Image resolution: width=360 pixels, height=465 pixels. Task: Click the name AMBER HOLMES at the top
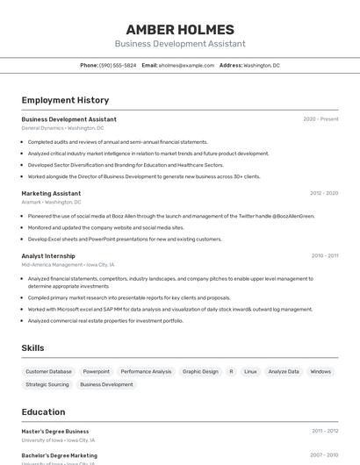coord(179,29)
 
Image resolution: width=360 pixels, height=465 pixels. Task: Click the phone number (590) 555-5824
coord(118,65)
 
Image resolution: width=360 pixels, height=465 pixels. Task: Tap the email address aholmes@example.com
coord(186,65)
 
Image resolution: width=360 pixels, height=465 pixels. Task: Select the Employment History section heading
coord(65,100)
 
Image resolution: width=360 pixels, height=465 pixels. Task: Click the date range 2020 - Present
coord(320,119)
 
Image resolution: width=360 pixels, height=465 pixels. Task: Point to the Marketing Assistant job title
coord(51,193)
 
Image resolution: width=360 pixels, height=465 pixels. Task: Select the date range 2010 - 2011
coord(324,256)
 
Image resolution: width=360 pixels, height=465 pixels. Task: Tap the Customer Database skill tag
coord(48,371)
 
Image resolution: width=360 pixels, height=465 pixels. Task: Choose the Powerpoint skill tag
coord(97,371)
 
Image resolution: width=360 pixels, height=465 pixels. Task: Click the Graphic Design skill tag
coord(200,371)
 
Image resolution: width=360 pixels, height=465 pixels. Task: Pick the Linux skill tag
coord(250,371)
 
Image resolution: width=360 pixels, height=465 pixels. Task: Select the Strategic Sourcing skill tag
coord(47,384)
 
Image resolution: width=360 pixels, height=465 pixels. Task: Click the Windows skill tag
coord(320,371)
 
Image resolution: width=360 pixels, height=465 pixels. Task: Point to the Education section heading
coord(43,411)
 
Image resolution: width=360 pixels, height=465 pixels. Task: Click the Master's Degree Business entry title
coord(55,432)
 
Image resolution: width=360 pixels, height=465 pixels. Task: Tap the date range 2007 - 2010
coord(324,455)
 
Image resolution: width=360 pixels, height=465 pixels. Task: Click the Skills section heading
coord(32,348)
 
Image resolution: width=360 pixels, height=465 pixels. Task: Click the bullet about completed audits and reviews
coord(118,142)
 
